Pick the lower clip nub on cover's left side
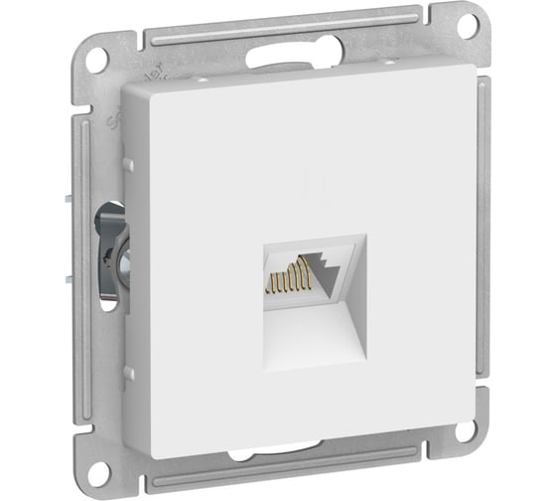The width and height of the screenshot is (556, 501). [127, 374]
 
